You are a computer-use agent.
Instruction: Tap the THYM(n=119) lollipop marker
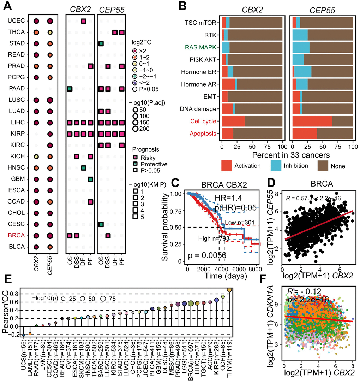229,290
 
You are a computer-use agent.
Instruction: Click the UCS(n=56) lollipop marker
24,335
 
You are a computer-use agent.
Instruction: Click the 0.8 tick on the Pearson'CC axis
13,294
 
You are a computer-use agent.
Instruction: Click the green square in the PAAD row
70,89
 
